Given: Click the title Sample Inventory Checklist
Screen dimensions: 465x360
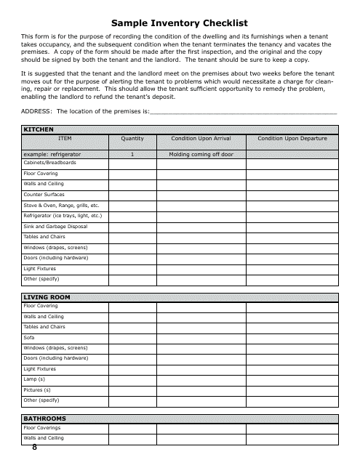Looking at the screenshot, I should point(179,23).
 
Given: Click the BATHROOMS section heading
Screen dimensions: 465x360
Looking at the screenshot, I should point(45,418).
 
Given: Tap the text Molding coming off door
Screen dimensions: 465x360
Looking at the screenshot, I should point(201,155).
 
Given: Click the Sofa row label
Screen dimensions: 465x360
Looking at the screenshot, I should point(28,337).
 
